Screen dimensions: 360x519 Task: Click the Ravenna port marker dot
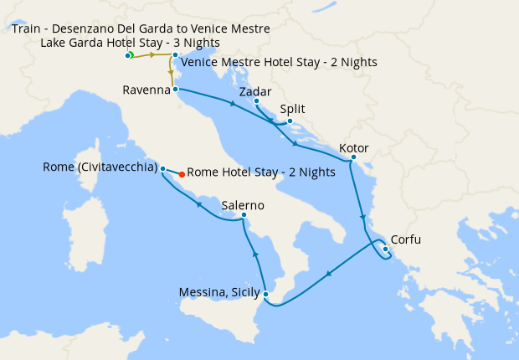point(175,89)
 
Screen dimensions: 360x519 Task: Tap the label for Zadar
point(254,91)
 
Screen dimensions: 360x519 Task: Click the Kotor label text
point(353,148)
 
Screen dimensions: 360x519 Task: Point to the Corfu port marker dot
point(385,248)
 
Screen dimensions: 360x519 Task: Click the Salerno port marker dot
point(244,215)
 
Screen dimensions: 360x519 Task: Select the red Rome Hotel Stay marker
point(182,174)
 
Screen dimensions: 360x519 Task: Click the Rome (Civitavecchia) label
point(100,167)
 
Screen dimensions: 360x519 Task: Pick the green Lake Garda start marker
point(131,55)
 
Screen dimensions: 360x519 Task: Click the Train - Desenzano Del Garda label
point(141,29)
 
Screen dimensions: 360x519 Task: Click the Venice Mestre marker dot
point(175,55)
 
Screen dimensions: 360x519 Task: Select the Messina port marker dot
point(265,294)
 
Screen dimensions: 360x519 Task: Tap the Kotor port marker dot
point(353,157)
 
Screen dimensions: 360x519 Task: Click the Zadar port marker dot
point(256,101)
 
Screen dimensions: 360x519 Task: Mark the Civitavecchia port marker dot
point(162,167)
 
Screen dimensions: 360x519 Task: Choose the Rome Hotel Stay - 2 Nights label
point(261,172)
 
